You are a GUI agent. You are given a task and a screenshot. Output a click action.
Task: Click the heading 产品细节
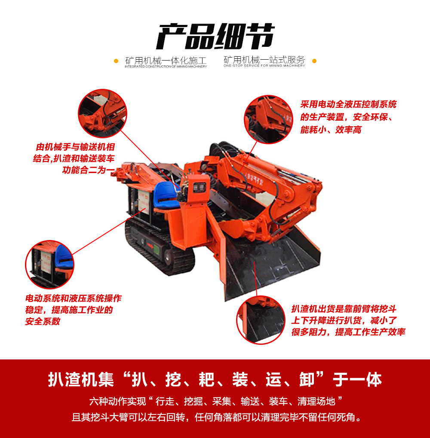tap(215, 36)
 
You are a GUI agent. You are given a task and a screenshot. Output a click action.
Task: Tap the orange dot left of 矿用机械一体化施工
tap(116, 61)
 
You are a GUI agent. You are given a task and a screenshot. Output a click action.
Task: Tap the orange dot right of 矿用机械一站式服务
tap(314, 61)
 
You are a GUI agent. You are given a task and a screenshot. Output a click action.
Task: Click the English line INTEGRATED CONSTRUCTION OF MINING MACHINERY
tap(166, 67)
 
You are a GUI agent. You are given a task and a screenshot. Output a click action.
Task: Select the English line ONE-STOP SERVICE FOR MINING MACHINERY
tap(264, 66)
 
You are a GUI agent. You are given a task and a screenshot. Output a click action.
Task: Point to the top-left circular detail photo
tap(102, 113)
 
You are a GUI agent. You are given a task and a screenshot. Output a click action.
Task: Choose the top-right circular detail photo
tap(269, 119)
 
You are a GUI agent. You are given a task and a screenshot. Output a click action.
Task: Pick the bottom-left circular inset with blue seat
tap(50, 264)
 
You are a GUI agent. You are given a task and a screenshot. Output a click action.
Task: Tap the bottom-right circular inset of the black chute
tap(261, 320)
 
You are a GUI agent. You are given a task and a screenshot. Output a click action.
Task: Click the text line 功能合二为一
tap(89, 170)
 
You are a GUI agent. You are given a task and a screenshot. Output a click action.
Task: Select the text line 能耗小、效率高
tap(331, 130)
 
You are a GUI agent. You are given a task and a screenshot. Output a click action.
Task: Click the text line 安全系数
tap(43, 321)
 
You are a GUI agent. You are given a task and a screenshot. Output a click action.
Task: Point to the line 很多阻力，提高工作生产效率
tap(348, 332)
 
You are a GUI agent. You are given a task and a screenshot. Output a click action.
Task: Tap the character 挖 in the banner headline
tap(173, 379)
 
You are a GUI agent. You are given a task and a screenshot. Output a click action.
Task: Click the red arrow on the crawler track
tap(150, 246)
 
